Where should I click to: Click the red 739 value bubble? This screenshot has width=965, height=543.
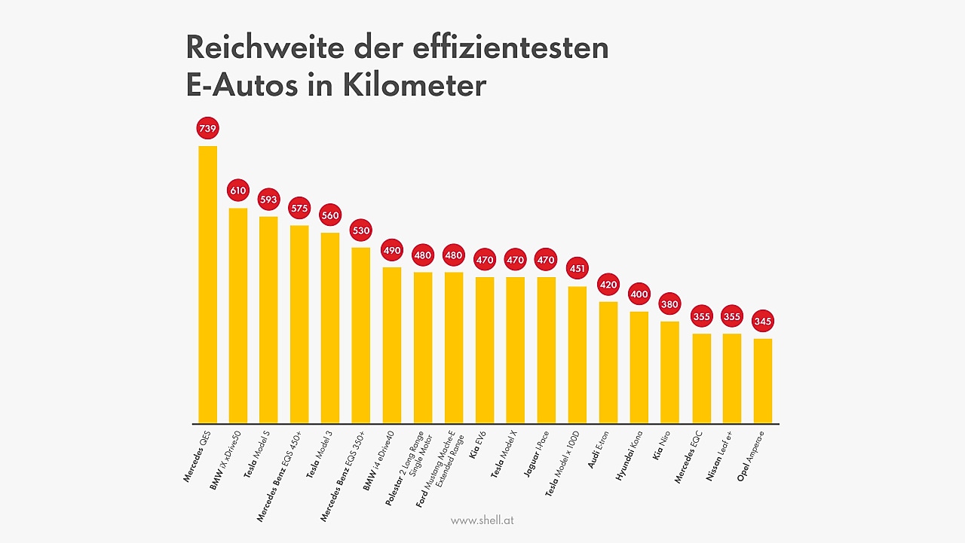(207, 129)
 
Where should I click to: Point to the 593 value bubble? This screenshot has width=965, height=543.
(269, 200)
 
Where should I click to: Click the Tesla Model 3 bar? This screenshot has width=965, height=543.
(330, 328)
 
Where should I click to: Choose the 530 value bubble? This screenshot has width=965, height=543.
(361, 230)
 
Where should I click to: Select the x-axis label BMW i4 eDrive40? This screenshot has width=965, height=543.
(379, 460)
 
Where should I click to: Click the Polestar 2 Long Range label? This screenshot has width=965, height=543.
(408, 467)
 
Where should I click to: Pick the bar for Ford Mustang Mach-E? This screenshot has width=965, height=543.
(454, 347)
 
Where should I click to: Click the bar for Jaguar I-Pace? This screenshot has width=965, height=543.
(547, 349)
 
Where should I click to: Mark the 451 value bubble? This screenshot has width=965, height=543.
(577, 269)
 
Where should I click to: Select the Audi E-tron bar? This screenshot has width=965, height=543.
(608, 361)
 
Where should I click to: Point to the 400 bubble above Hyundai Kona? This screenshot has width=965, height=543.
(639, 294)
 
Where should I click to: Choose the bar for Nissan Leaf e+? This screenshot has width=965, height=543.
(732, 377)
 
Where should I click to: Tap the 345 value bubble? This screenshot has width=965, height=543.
(763, 322)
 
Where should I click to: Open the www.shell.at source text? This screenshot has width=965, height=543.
(482, 520)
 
